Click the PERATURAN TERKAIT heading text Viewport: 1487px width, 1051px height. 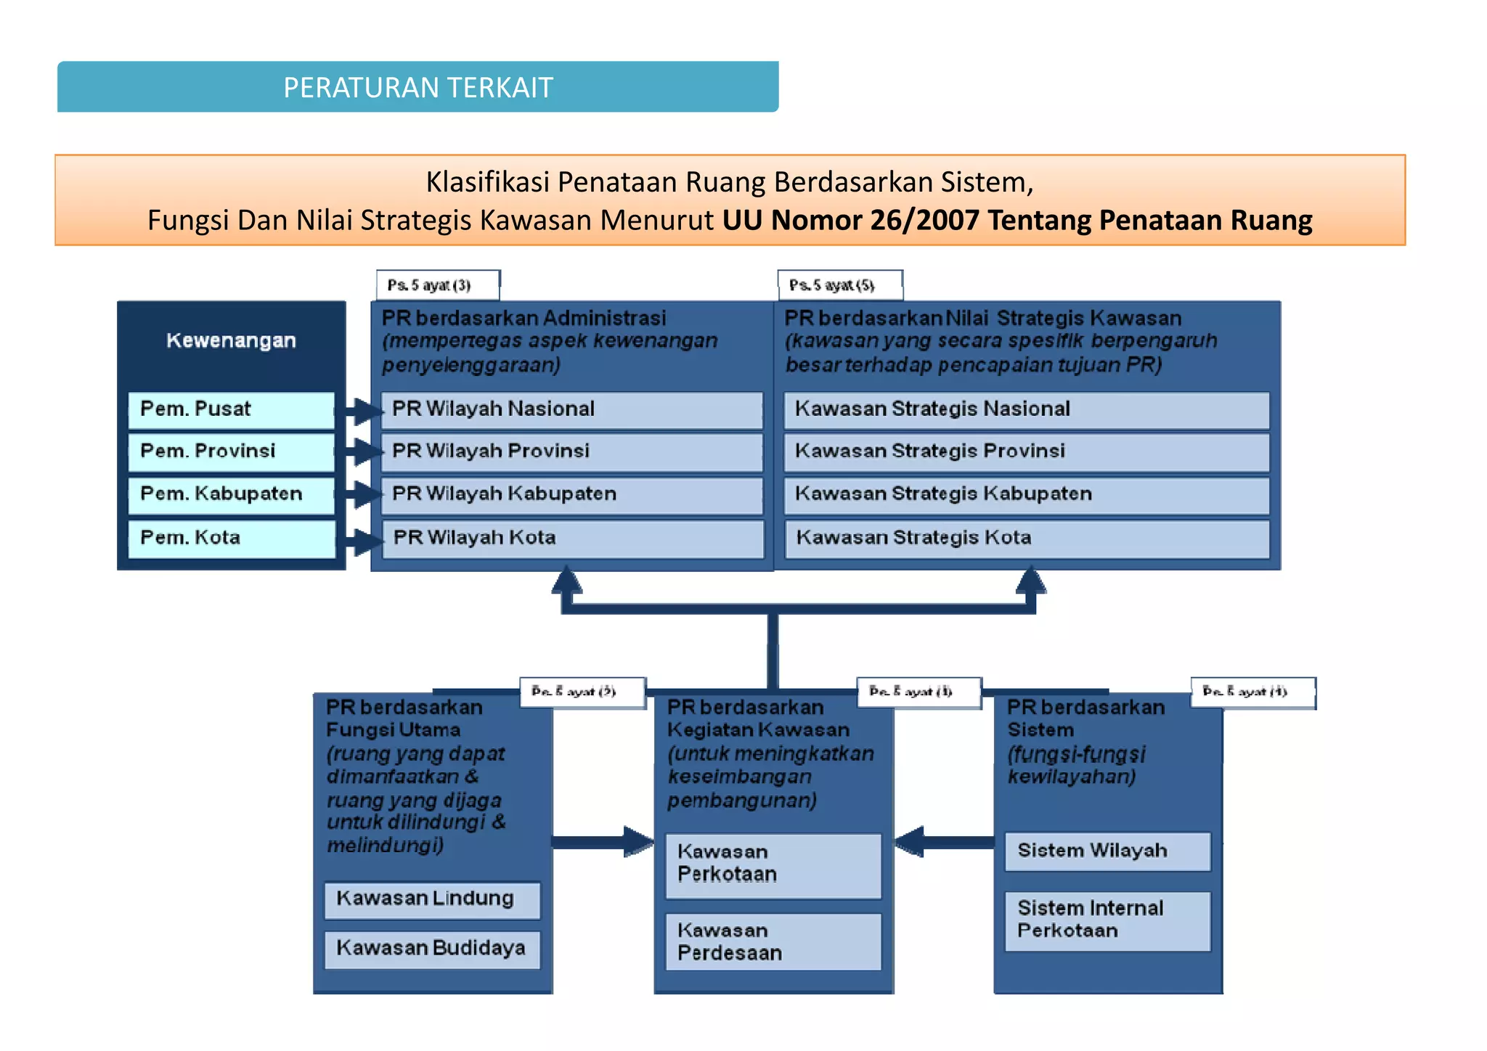coord(417,88)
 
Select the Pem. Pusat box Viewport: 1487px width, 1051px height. coord(231,409)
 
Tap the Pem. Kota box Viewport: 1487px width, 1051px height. coord(231,538)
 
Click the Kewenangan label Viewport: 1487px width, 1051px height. coord(231,340)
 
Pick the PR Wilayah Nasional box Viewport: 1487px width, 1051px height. coord(571,409)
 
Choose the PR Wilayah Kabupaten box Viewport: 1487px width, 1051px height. coord(571,494)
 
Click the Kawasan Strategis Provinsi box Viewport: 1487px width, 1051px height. coord(1026,451)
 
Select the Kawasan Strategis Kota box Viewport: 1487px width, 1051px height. coord(1026,538)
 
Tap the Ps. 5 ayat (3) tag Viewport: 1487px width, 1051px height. coord(438,285)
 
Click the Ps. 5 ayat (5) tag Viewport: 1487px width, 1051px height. coord(840,285)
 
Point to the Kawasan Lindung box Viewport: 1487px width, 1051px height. coord(432,899)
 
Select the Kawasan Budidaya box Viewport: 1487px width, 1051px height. coord(432,949)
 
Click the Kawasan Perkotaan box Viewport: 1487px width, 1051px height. coord(773,864)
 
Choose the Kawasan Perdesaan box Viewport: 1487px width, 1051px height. coord(773,942)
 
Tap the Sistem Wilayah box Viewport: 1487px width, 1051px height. coord(1107,851)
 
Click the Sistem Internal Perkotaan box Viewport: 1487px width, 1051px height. coord(1107,920)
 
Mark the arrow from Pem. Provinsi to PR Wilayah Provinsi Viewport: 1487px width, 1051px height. coord(361,451)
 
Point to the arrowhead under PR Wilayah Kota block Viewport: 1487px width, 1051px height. coord(567,582)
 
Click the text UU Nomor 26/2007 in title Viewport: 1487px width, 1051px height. coord(850,221)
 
